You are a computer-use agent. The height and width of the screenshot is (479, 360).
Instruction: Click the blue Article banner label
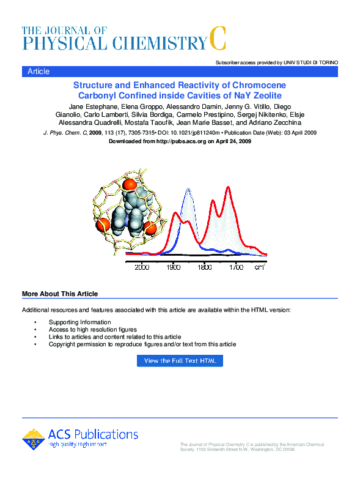click(39, 72)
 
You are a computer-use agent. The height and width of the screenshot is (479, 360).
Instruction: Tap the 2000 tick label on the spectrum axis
click(142, 267)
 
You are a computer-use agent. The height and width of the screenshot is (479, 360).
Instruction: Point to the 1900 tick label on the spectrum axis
click(173, 267)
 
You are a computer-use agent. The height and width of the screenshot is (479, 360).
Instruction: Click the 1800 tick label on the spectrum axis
click(205, 267)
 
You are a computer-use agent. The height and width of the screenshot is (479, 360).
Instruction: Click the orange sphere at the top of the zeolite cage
click(128, 184)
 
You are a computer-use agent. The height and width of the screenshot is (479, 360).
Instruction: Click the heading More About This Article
click(60, 294)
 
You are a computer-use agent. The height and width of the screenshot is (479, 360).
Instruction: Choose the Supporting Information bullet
click(79, 322)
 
